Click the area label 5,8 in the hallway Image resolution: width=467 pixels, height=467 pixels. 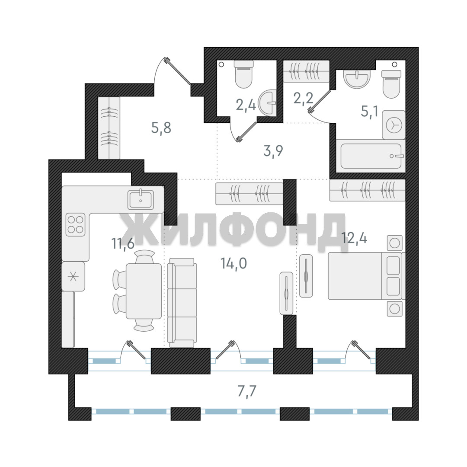tap(161, 128)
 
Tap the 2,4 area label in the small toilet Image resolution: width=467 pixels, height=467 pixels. tap(246, 105)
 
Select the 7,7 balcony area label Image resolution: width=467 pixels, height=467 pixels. tap(247, 391)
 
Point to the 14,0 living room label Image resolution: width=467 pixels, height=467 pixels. tap(233, 263)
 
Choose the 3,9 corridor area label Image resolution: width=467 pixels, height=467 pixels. tap(273, 151)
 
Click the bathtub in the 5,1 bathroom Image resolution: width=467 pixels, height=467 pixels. tap(371, 156)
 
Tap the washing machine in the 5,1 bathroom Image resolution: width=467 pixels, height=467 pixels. tap(394, 125)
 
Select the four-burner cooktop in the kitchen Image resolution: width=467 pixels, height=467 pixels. tap(75, 224)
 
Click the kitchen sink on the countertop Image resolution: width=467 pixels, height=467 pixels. tap(141, 200)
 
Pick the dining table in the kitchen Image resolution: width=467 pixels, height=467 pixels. tap(144, 291)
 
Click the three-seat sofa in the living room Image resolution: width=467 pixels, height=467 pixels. tap(182, 302)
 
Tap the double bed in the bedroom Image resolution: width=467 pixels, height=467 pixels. tap(367, 276)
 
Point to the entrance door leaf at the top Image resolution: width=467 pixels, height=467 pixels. tap(178, 71)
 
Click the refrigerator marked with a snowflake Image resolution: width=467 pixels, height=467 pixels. tap(73, 277)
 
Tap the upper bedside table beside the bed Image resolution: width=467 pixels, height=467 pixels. tap(395, 243)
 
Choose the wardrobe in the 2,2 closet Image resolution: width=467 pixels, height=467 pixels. tap(306, 71)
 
